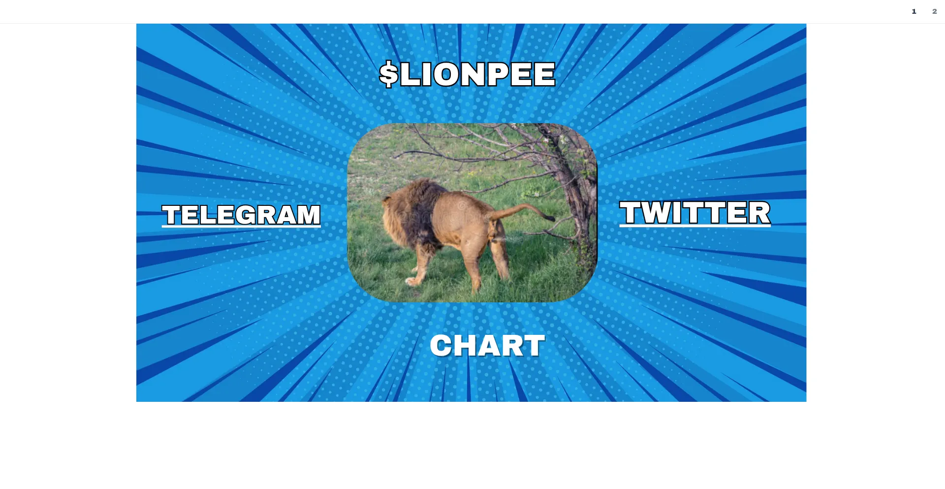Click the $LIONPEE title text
pyautogui.click(x=467, y=74)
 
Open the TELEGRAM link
pyautogui.click(x=241, y=215)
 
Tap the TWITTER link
pyautogui.click(x=695, y=213)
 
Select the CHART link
pyautogui.click(x=487, y=345)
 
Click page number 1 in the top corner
pyautogui.click(x=914, y=11)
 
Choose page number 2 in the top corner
pyautogui.click(x=935, y=11)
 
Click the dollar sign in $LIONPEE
pyautogui.click(x=389, y=74)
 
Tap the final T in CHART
pyautogui.click(x=533, y=345)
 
